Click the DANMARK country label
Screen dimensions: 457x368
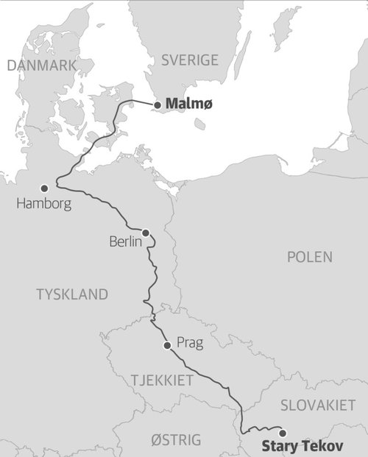pos(41,65)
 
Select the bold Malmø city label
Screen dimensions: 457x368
pos(189,104)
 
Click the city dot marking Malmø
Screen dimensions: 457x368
pos(157,105)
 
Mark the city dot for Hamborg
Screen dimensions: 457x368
pos(44,188)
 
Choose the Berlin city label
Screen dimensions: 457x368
pos(124,241)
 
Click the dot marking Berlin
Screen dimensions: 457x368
pos(146,233)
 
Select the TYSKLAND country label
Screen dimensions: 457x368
pos(72,294)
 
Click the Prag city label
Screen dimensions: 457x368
pos(189,343)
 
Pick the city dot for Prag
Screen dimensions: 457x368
pos(167,344)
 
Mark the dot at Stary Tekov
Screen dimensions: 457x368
pos(281,433)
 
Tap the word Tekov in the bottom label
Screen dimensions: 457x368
pos(321,446)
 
